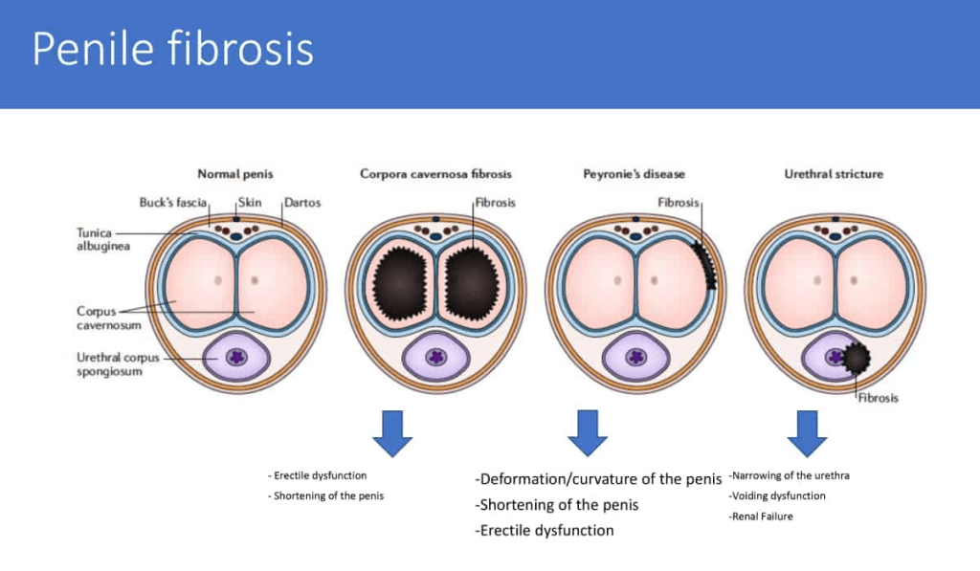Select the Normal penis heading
[235, 174]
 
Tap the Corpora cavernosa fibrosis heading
[435, 174]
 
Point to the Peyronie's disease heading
[634, 174]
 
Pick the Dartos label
[301, 203]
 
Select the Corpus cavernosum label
[102, 318]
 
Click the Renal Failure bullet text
[761, 516]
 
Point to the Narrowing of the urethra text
[790, 474]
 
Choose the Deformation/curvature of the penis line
[598, 479]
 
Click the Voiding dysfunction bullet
[777, 495]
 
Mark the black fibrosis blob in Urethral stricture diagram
[856, 359]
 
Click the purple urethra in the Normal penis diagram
[235, 357]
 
